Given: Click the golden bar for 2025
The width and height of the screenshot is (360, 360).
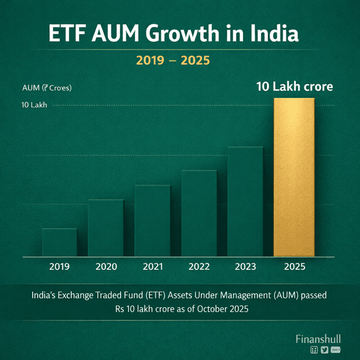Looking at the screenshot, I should pyautogui.click(x=294, y=177).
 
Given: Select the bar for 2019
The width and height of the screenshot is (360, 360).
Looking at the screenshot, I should pyautogui.click(x=59, y=242).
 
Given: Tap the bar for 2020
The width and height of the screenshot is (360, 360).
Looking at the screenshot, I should pyautogui.click(x=106, y=228).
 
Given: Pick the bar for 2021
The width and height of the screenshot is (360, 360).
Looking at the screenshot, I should pyautogui.click(x=152, y=221).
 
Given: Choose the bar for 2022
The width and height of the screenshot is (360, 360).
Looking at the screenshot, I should pyautogui.click(x=199, y=213).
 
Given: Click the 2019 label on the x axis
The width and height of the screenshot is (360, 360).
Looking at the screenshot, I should pyautogui.click(x=59, y=267).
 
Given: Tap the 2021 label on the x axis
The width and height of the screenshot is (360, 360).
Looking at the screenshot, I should pyautogui.click(x=152, y=267).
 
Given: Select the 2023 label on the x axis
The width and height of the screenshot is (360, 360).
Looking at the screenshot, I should pyautogui.click(x=246, y=267).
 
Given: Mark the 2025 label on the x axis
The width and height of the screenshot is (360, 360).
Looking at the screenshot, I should pyautogui.click(x=294, y=267).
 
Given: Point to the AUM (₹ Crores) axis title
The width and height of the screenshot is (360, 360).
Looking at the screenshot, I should pyautogui.click(x=47, y=88).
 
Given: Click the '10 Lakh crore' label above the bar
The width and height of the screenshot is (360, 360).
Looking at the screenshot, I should pyautogui.click(x=295, y=87).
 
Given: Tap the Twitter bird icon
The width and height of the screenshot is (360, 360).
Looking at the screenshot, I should pyautogui.click(x=324, y=350).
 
